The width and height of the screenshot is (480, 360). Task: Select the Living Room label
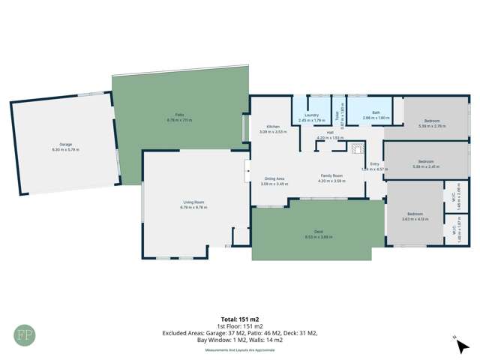193,202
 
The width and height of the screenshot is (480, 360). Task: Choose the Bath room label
367,115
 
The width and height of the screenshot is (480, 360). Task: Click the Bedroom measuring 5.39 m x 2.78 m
431,121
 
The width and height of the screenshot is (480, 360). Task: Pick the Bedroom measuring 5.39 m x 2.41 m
426,161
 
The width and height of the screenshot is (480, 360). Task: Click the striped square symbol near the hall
357,148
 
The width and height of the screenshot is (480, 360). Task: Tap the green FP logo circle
26,333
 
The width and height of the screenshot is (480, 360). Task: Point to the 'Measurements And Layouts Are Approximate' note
240,349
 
